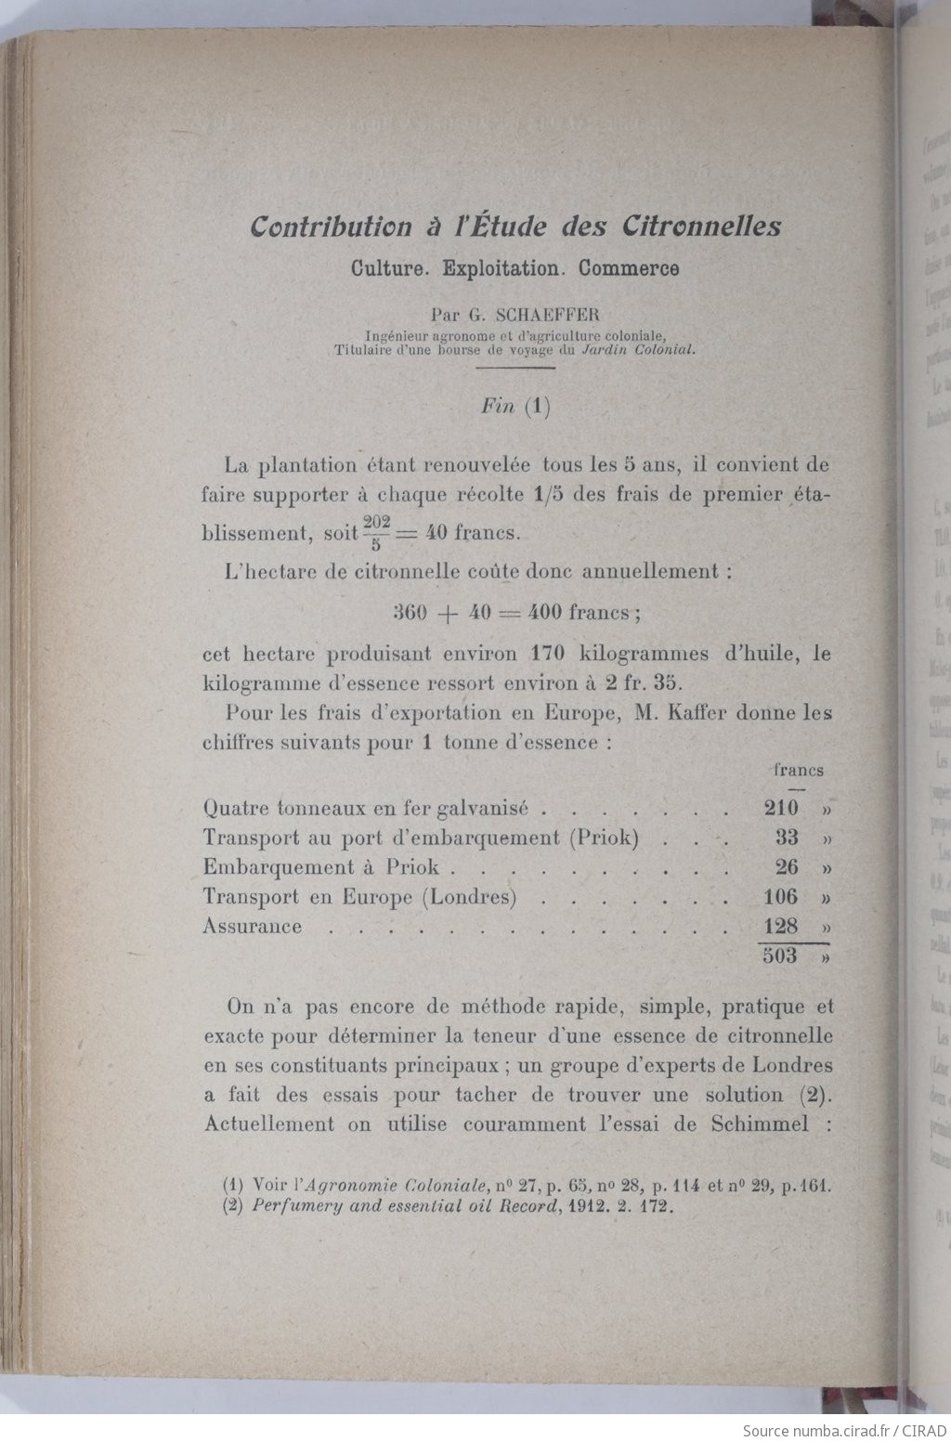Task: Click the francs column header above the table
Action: click(x=799, y=770)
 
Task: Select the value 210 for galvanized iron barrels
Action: click(x=781, y=808)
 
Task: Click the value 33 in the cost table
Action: click(x=787, y=838)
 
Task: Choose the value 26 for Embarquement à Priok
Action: click(x=787, y=867)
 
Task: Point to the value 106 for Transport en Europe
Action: click(x=781, y=896)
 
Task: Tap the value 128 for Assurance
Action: click(x=781, y=926)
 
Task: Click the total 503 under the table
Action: click(x=780, y=955)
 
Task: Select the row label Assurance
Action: click(x=253, y=926)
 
